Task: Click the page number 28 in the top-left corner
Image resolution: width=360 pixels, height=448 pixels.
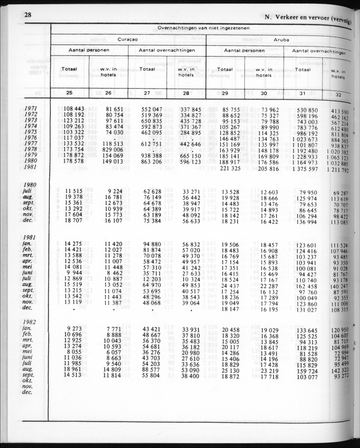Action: point(28,16)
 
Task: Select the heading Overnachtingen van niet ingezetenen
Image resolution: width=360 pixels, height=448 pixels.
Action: point(203,28)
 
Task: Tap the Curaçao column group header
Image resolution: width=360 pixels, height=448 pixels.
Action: point(128,39)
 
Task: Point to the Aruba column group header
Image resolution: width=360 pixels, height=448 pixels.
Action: point(281,40)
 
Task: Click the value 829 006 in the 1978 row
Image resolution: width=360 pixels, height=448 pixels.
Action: point(112,150)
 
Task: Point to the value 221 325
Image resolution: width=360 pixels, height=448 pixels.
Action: point(231,168)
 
